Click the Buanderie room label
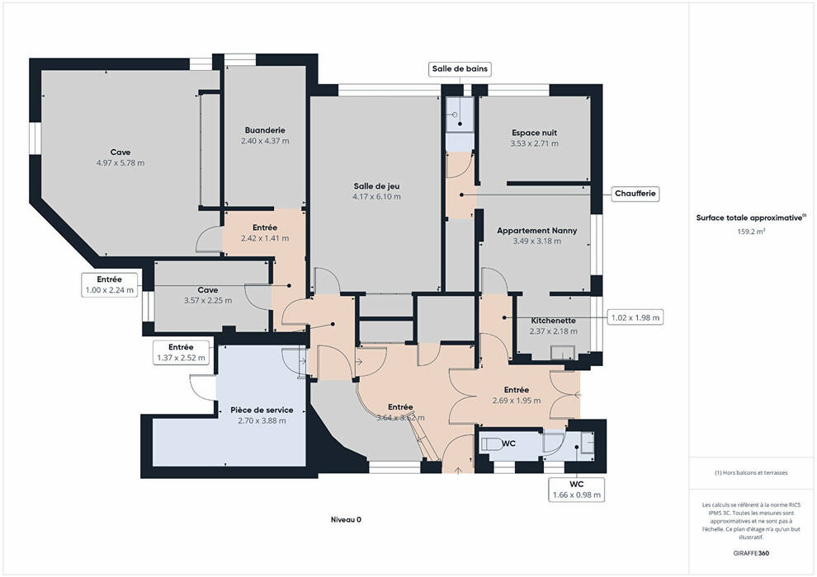265,130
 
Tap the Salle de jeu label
376,185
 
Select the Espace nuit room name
534,133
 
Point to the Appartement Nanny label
536,231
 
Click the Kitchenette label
554,321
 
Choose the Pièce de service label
262,410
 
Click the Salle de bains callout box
460,68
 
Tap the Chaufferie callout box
635,194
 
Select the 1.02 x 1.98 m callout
635,317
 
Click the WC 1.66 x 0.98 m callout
576,490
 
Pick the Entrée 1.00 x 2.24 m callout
110,285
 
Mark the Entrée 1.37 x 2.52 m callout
182,352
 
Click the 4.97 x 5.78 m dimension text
120,163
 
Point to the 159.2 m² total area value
751,232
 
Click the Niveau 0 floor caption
346,520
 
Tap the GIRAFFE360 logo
751,553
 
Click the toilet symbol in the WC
490,443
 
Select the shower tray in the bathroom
460,115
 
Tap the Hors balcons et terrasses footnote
751,473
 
